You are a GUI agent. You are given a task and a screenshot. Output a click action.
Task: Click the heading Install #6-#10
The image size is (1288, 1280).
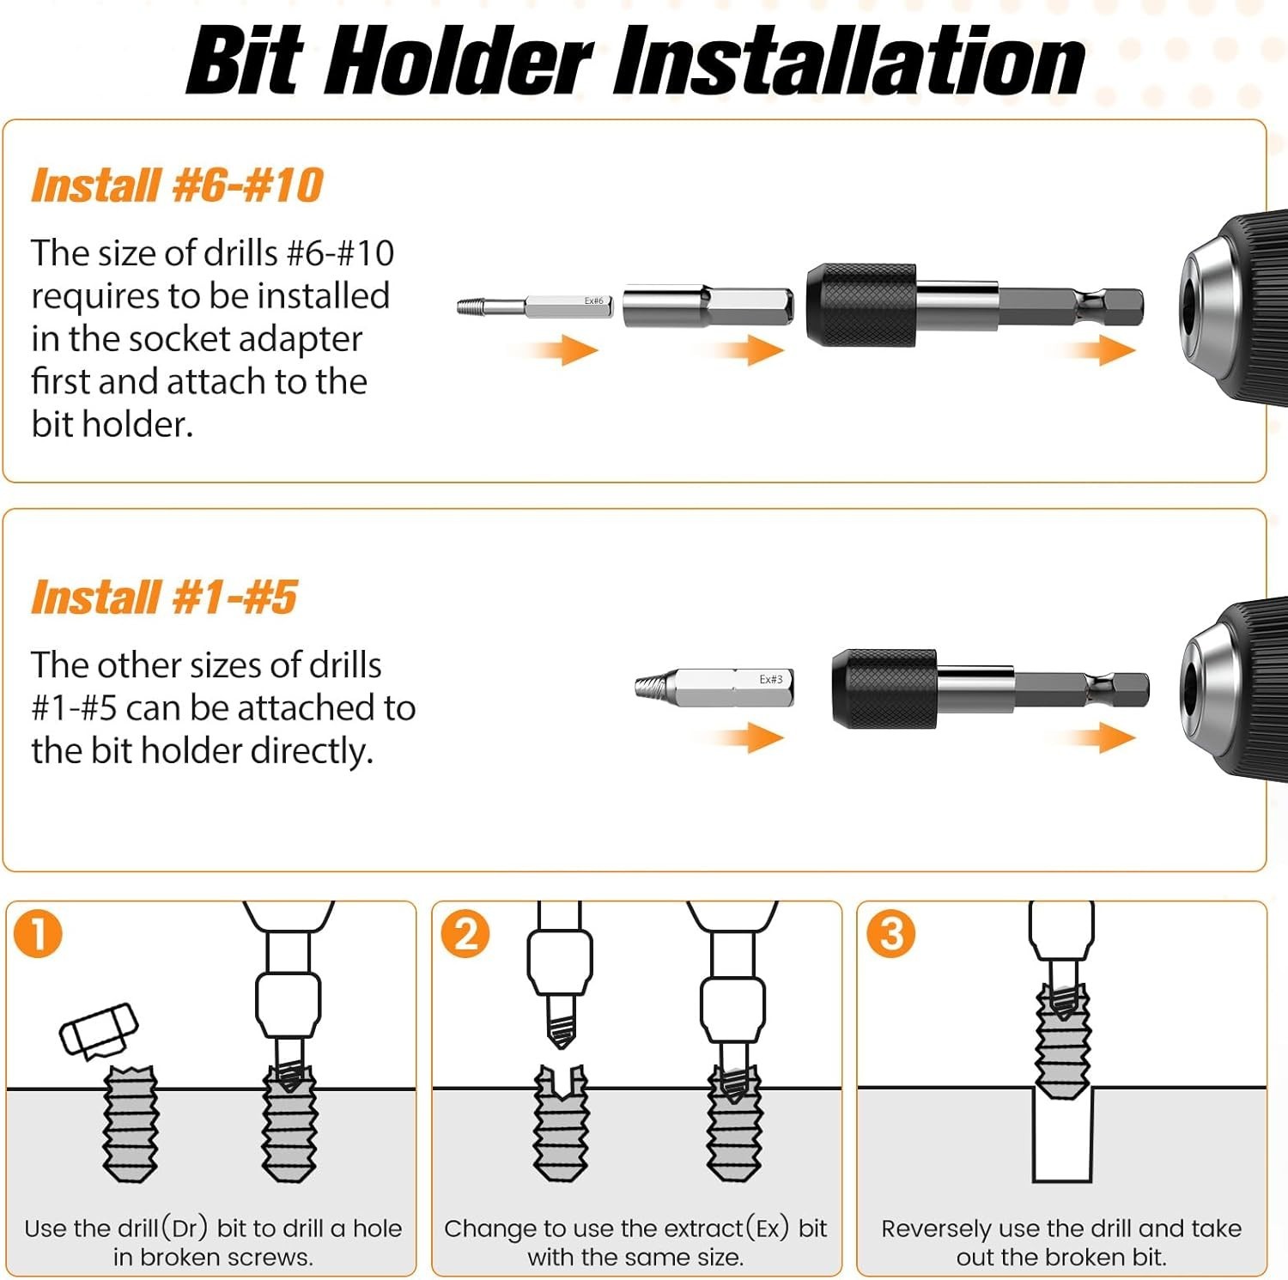[177, 185]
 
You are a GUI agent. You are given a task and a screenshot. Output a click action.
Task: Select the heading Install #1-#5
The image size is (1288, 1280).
[164, 598]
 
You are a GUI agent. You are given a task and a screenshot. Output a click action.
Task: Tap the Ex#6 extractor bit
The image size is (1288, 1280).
[535, 306]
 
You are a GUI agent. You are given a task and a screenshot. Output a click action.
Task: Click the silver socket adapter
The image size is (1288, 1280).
[708, 306]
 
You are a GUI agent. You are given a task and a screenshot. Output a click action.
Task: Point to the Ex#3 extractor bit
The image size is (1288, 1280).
[714, 688]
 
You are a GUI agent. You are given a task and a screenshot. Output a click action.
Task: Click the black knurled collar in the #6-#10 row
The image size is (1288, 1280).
[861, 305]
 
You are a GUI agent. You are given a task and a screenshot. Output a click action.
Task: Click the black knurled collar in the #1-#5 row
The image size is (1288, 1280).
[884, 689]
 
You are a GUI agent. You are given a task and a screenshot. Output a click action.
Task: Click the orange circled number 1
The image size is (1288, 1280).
[39, 934]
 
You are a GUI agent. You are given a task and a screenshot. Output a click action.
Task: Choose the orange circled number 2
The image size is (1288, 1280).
[465, 934]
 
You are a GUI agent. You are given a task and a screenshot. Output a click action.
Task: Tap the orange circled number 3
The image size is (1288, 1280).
[891, 934]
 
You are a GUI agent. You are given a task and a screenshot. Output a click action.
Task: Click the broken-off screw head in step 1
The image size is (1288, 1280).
[99, 1030]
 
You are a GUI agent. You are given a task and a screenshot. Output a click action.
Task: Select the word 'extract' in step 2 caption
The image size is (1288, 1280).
[696, 1228]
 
